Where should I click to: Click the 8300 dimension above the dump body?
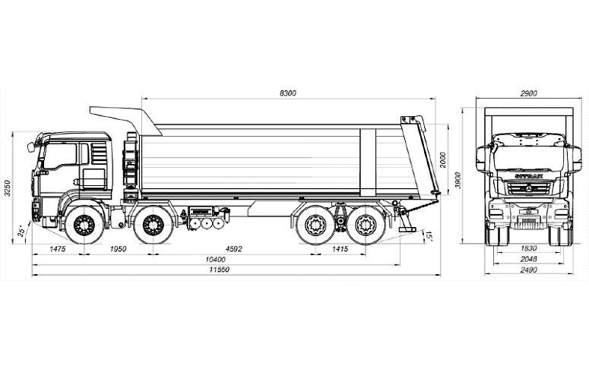point(287,93)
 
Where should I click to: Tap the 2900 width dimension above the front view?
point(529,93)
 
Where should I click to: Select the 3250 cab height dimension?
point(7,188)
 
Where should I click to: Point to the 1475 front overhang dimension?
point(57,248)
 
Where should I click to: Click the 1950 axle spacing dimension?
point(118,248)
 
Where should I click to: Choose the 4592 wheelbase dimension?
point(233,248)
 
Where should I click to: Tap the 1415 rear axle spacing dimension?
point(340,248)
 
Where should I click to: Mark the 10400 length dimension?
point(216,260)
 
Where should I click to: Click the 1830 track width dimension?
point(529,248)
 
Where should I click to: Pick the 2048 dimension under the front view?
point(529,260)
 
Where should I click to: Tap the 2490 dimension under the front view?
point(529,271)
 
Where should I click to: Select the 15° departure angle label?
point(429,236)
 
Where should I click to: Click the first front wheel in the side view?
point(80,225)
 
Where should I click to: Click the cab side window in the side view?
point(61,158)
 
